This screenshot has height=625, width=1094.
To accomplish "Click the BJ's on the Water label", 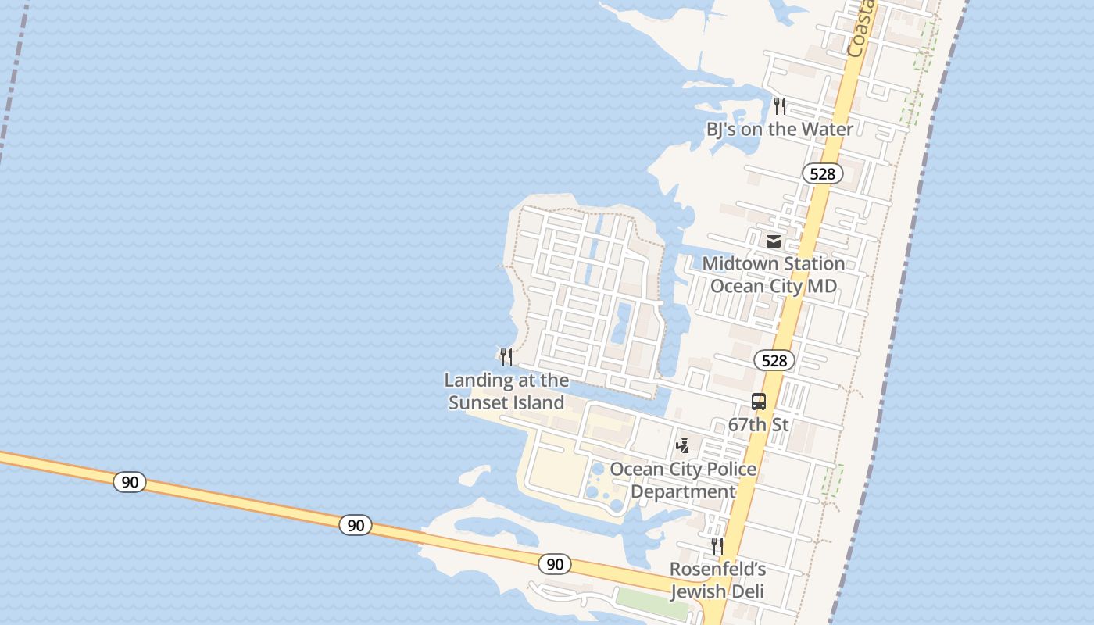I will pos(779,129).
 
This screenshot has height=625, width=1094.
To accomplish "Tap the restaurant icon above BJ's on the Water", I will pos(780,105).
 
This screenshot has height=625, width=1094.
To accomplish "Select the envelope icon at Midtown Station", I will pos(774,241).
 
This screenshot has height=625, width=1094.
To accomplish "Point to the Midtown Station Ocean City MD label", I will pos(773,275).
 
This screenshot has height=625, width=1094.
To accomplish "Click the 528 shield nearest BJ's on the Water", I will pos(822,173).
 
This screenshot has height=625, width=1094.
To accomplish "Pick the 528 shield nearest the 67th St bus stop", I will pos(774,360).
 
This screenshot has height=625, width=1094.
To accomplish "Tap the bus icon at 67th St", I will pos(758,402).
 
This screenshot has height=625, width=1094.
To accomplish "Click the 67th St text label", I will pos(758,425).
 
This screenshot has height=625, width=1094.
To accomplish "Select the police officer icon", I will pos(682,445).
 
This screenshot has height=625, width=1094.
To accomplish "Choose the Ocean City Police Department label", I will pos(683,480).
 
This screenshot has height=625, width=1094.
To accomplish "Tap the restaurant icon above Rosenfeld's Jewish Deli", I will pos(717,545).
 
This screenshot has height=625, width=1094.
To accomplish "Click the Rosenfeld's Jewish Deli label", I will pos(717,580).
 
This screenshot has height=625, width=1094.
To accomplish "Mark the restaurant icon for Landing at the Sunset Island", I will pos(506,357).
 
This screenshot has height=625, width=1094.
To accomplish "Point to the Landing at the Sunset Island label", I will pos(506,391).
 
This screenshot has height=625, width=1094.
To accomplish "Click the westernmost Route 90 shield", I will pos(130,482).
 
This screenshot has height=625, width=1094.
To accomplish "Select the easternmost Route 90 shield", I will pos(554,563).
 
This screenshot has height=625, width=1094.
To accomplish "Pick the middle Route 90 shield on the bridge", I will pos(356,525).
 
